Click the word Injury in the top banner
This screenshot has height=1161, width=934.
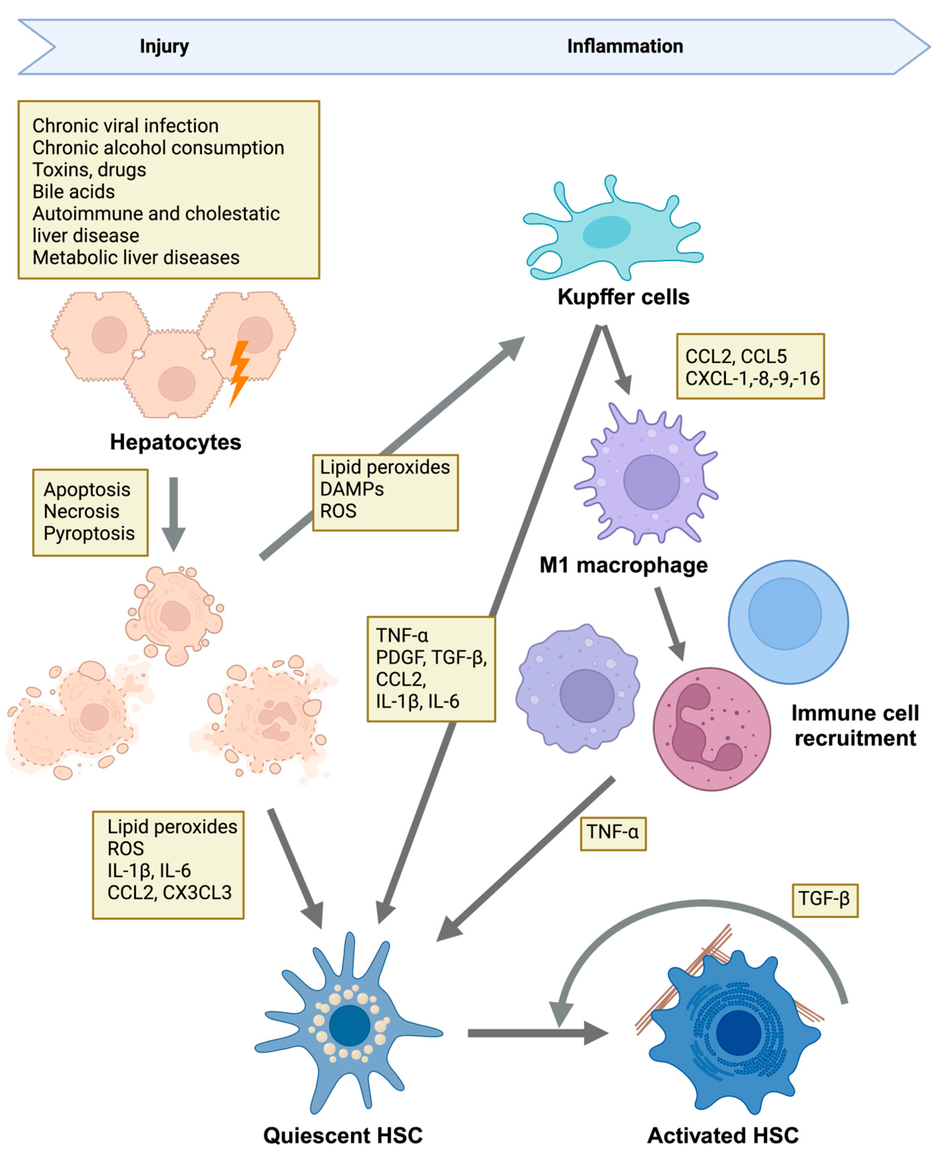164,47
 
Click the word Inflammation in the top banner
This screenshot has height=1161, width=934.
625,46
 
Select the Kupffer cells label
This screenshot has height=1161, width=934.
624,297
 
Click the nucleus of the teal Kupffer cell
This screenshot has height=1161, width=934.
606,232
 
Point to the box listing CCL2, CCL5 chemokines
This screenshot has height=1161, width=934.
750,366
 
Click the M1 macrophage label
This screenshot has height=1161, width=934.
624,565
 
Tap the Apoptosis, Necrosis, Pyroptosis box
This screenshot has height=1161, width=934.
90,512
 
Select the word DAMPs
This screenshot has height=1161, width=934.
352,489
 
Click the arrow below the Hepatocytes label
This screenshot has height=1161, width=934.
174,514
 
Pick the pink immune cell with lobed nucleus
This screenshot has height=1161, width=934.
712,729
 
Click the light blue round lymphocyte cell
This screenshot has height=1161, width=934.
788,622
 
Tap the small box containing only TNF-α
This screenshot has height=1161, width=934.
613,834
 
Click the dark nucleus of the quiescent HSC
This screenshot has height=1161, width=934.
350,1025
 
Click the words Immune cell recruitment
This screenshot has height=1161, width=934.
855,725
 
